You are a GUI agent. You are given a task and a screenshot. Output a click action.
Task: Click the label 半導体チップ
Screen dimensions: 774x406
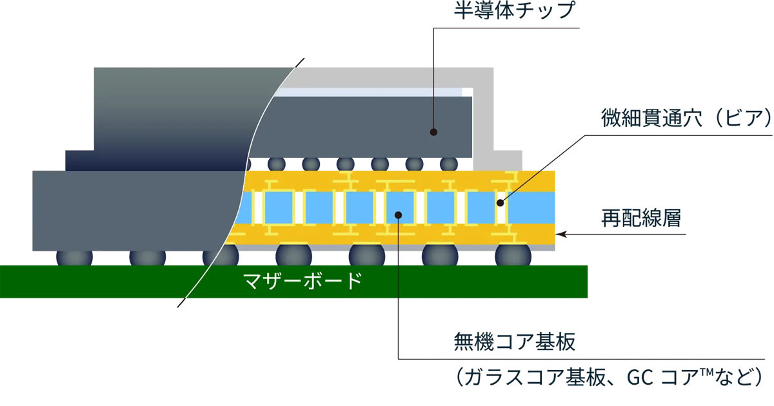pyautogui.click(x=514, y=11)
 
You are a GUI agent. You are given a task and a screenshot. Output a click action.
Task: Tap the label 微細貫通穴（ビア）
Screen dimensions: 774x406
pyautogui.click(x=686, y=118)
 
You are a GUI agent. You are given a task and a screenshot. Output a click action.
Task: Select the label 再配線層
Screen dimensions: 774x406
pyautogui.click(x=641, y=218)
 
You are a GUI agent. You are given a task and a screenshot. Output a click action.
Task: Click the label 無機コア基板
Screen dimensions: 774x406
pyautogui.click(x=514, y=342)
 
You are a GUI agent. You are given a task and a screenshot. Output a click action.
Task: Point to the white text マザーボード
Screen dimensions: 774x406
pyautogui.click(x=303, y=282)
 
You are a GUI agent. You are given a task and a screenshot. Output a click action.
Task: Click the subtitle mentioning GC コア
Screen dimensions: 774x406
pyautogui.click(x=609, y=378)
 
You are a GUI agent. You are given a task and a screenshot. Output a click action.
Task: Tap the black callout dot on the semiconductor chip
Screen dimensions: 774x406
pyautogui.click(x=433, y=132)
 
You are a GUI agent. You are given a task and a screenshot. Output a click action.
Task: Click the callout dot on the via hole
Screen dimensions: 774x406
pyautogui.click(x=500, y=203)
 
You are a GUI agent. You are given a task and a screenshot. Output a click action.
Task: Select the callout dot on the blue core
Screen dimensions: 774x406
pyautogui.click(x=398, y=215)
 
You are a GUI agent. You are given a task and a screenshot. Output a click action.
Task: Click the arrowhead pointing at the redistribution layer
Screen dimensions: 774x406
pyautogui.click(x=561, y=235)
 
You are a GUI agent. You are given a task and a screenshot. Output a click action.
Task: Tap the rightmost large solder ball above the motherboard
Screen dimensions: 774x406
pyautogui.click(x=513, y=255)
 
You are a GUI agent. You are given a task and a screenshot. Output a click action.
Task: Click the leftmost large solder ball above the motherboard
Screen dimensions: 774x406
pyautogui.click(x=74, y=258)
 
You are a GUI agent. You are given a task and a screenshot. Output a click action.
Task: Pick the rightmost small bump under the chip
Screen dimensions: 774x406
pyautogui.click(x=449, y=164)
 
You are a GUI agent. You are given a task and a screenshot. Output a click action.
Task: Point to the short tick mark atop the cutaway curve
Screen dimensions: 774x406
pyautogui.click(x=299, y=63)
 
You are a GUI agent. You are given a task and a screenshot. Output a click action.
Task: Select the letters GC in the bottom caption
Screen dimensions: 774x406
pyautogui.click(x=640, y=378)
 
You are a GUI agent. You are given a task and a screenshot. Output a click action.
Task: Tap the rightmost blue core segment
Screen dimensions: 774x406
pyautogui.click(x=531, y=208)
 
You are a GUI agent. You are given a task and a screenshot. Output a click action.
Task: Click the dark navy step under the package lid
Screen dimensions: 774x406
pyautogui.click(x=155, y=160)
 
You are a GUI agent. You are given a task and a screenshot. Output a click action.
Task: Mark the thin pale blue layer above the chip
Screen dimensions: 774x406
pyautogui.click(x=369, y=92)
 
